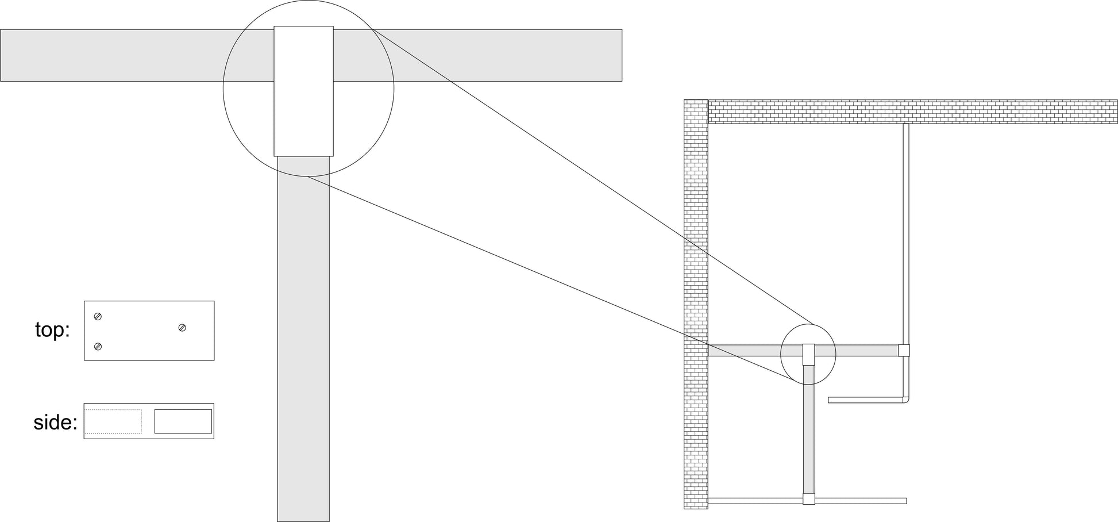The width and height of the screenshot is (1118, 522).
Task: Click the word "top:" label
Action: (x=52, y=330)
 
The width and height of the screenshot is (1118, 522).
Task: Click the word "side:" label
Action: (x=55, y=423)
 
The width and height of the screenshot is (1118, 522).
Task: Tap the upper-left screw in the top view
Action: (x=98, y=317)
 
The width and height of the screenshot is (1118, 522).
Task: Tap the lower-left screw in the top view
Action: (x=98, y=346)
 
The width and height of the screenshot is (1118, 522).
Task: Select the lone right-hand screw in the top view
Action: (x=182, y=328)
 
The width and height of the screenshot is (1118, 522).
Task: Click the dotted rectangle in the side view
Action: (x=113, y=421)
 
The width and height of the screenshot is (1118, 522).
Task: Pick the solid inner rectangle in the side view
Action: (x=183, y=421)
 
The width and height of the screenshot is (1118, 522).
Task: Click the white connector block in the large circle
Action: (x=303, y=91)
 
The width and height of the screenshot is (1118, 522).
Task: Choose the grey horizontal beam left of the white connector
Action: (x=138, y=55)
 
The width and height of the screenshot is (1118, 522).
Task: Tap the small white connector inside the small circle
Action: (x=808, y=354)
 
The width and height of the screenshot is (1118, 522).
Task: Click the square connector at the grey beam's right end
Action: (x=904, y=350)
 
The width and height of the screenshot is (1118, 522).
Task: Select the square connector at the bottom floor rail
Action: (x=808, y=499)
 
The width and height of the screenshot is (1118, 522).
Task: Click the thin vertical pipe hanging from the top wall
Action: (x=906, y=230)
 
